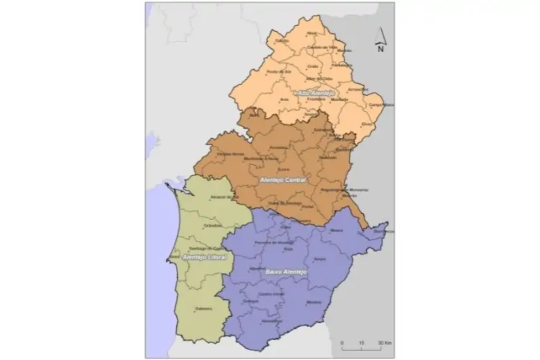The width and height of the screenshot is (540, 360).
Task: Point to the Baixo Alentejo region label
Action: [x=287, y=271]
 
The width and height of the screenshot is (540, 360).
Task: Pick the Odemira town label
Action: [x=204, y=310]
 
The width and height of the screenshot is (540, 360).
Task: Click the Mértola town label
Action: [x=314, y=302]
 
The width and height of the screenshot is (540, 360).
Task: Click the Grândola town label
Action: [x=214, y=226]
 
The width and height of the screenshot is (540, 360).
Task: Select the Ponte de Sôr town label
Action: [x=277, y=72]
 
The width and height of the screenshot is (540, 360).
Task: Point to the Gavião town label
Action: [x=282, y=41]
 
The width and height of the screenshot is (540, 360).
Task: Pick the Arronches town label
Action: [x=357, y=89]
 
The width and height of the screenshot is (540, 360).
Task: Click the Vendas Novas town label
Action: [x=230, y=154]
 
